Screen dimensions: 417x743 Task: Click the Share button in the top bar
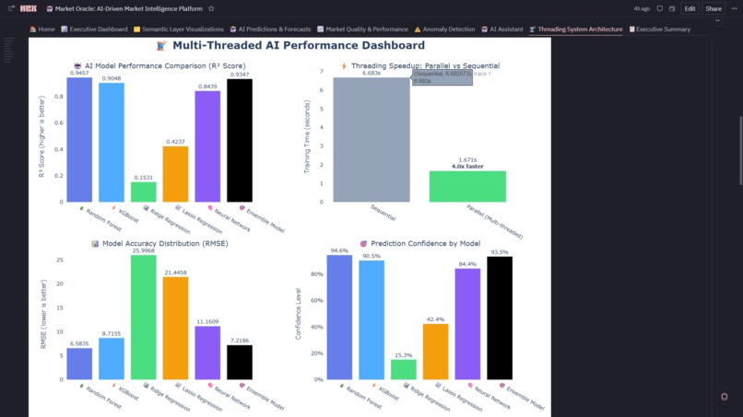coord(714,8)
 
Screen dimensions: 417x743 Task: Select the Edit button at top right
coord(690,8)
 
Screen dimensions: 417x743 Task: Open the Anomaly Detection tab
coord(444,29)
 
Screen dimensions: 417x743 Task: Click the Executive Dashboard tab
coord(94,29)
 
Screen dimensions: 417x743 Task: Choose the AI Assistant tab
coord(502,29)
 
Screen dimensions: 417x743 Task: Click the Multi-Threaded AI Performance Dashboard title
coord(290,45)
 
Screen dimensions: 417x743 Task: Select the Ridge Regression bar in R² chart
coord(143,191)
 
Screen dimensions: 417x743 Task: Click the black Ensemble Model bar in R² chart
coord(239,141)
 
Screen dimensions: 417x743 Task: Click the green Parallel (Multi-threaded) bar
coord(467,186)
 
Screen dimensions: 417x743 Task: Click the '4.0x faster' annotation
coord(467,167)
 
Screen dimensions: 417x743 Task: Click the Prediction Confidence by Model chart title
coord(425,244)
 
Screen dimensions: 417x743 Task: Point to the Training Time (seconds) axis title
coord(307,136)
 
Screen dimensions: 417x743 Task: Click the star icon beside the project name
coord(211,8)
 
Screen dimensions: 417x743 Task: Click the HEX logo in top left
coord(29,8)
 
